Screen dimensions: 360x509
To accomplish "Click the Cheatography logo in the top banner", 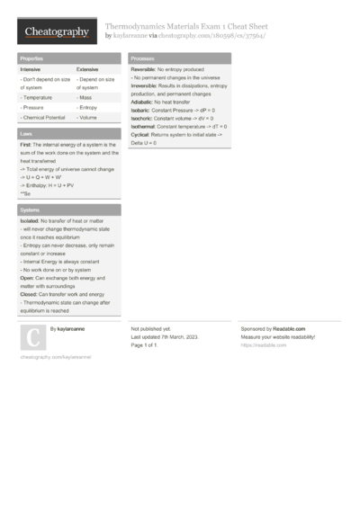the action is pos(56,32).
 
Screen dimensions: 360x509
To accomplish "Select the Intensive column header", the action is pos(31,69).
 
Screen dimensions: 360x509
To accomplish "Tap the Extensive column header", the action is pos(87,69).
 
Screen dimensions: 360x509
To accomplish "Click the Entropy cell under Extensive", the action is pos(88,107).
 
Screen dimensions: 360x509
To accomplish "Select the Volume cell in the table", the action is pos(87,118).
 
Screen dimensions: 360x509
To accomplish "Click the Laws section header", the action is pos(27,133).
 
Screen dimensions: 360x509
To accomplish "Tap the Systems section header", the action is pos(31,209).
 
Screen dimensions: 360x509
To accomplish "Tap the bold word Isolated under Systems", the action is pos(30,220).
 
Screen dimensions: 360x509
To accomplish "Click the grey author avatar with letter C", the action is pos(32,337).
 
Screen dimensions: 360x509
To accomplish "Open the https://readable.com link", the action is pos(256,345).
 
